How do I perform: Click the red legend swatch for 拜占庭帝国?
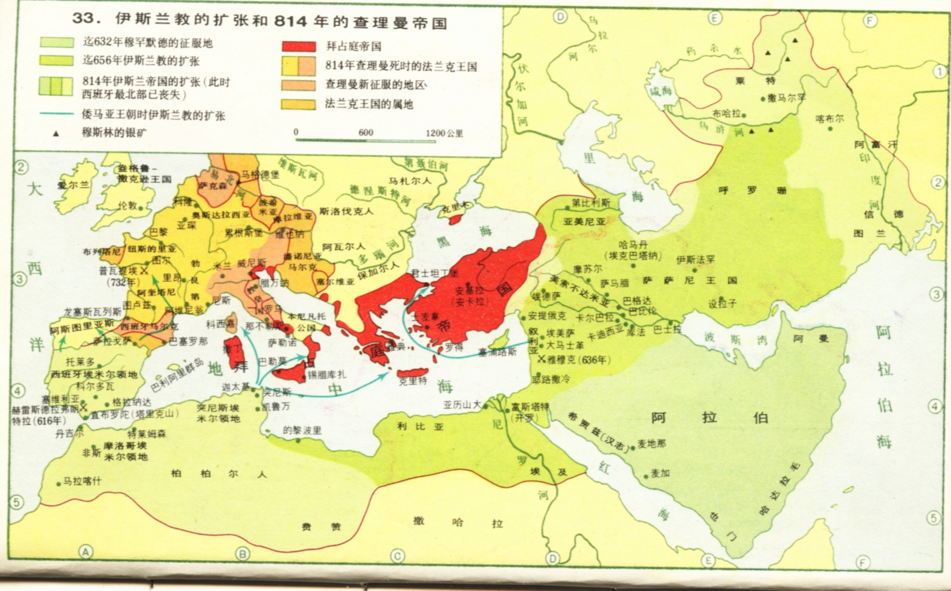click(299, 46)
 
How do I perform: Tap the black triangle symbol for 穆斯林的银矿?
click(56, 134)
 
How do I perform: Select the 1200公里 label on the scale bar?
click(444, 133)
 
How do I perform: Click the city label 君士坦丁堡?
click(435, 273)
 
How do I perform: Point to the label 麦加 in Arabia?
click(660, 473)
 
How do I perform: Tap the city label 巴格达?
click(638, 301)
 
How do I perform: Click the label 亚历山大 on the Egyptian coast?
click(462, 405)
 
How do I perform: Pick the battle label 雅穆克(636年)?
click(578, 359)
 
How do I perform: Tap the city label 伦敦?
click(128, 205)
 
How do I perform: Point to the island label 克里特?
click(413, 381)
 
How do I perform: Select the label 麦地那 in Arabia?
click(651, 444)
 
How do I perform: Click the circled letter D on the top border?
click(560, 17)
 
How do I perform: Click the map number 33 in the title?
click(84, 18)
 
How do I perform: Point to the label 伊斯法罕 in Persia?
click(695, 260)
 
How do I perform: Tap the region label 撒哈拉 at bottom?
click(457, 522)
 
